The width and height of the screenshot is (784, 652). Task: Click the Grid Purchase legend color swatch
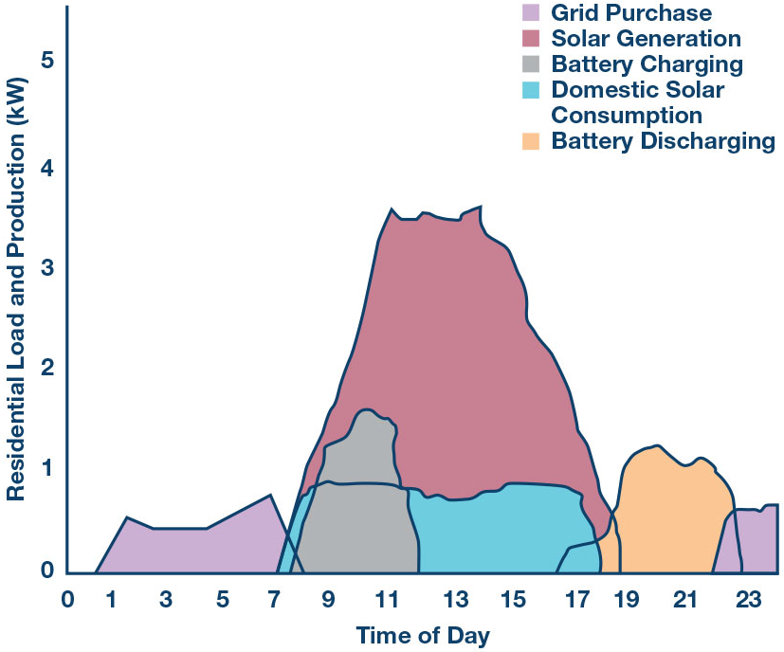pyautogui.click(x=531, y=13)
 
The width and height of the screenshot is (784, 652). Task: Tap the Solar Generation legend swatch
pyautogui.click(x=531, y=39)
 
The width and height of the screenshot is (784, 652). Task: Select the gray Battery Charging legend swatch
pyautogui.click(x=531, y=64)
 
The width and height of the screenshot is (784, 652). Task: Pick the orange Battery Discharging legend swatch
pyautogui.click(x=531, y=141)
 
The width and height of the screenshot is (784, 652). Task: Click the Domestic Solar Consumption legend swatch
pyautogui.click(x=531, y=90)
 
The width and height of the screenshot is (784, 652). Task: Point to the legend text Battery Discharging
pyautogui.click(x=663, y=141)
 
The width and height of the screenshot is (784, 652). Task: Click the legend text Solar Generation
pyautogui.click(x=646, y=39)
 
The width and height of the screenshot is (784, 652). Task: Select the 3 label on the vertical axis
pyautogui.click(x=47, y=267)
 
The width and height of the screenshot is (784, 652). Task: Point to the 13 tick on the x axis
pyautogui.click(x=457, y=599)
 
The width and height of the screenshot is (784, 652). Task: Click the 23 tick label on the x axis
pyautogui.click(x=748, y=599)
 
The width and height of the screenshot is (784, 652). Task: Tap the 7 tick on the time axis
pyautogui.click(x=275, y=599)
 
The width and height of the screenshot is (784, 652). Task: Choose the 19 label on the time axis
pyautogui.click(x=625, y=599)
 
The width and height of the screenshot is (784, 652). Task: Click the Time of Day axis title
pyautogui.click(x=423, y=635)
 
